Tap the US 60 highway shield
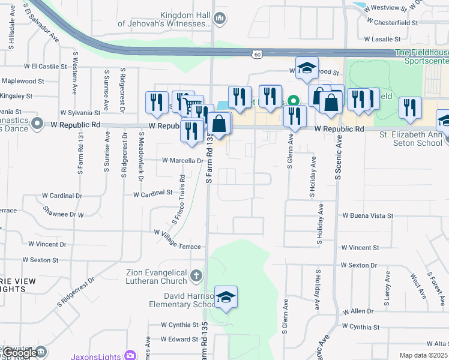coord(257,55)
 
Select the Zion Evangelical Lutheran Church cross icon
coord(195,277)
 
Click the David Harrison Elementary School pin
coord(226,297)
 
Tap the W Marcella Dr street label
coord(183,161)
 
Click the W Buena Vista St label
coord(367,215)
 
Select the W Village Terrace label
coord(177,239)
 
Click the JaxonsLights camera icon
coord(130,355)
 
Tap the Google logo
coord(20,353)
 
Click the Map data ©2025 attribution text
coord(423,356)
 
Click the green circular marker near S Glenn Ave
coord(294,101)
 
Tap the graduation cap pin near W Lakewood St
coord(307,68)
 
